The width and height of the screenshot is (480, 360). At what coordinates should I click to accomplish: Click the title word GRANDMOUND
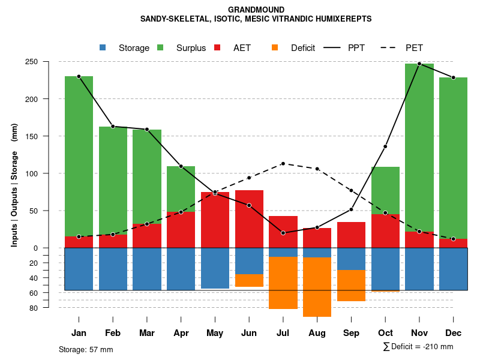[x=256, y=10]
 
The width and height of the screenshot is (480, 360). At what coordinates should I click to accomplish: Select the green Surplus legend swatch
[x=161, y=48]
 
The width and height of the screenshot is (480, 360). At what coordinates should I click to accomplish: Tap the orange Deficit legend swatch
[x=275, y=48]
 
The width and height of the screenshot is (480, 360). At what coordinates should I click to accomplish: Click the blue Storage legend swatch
[x=103, y=48]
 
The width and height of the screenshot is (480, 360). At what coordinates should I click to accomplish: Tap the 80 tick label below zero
[x=50, y=308]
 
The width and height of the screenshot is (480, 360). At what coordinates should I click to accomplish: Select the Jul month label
[x=283, y=333]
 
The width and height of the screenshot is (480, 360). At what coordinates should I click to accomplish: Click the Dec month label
[x=453, y=333]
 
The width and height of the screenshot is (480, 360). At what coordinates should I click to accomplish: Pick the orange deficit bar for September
[x=351, y=286]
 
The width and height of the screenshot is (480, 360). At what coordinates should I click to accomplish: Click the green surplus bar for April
[x=181, y=189]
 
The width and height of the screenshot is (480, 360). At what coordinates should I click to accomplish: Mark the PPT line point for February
[x=113, y=127]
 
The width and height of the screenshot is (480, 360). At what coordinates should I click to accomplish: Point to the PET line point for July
[x=283, y=164]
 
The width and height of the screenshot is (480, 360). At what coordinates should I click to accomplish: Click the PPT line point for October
[x=385, y=146]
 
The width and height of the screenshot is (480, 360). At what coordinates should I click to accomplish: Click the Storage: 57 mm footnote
[x=86, y=349]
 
